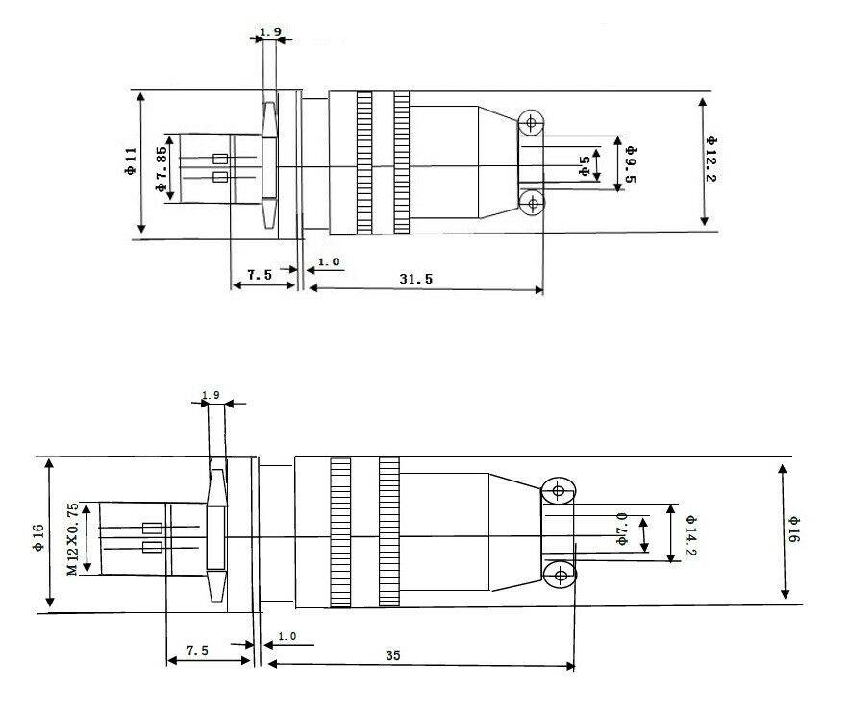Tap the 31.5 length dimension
click(415, 278)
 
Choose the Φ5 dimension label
click(584, 164)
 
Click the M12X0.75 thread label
click(72, 539)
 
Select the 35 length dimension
click(392, 655)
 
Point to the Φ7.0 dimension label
click(622, 530)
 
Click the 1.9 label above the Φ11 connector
click(270, 33)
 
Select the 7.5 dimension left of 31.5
click(259, 275)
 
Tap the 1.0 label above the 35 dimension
click(287, 636)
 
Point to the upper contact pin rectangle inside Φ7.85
click(220, 159)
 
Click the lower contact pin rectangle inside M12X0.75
click(151, 548)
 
